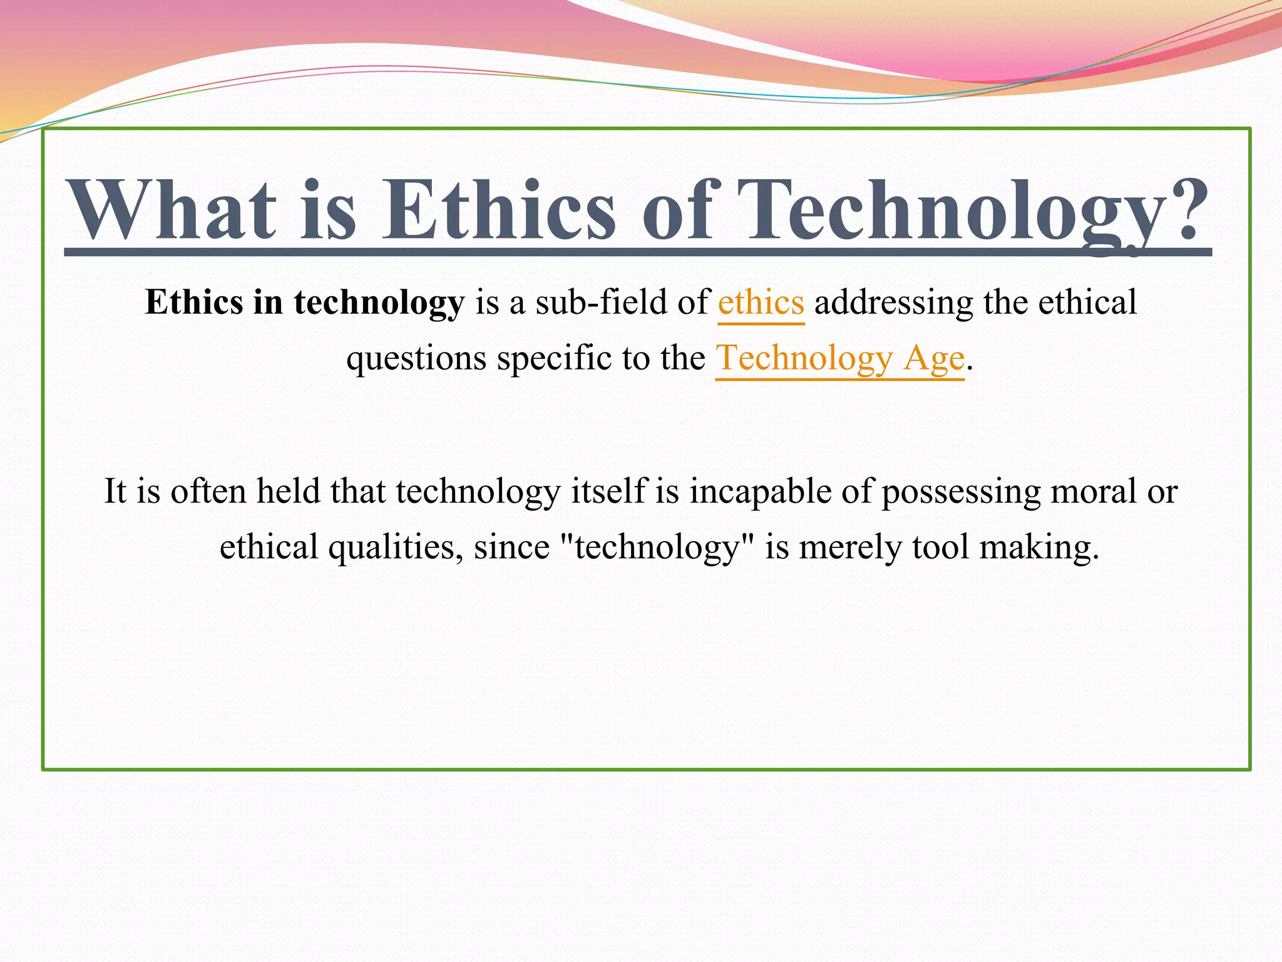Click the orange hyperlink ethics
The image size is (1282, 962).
(761, 303)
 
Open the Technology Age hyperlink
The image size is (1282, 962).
(839, 359)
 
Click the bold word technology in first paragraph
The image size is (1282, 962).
(379, 303)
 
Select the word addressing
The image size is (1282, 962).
(893, 303)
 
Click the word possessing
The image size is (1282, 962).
(961, 492)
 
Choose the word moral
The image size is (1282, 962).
(1093, 492)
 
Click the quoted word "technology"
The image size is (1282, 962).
(657, 547)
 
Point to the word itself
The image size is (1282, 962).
(608, 492)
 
